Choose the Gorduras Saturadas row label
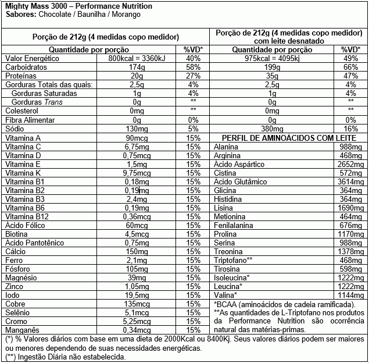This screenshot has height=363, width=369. tap(38, 94)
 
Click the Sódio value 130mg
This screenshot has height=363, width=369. tap(137, 129)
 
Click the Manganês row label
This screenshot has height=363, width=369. tap(21, 330)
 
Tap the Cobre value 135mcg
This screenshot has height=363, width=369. tap(137, 304)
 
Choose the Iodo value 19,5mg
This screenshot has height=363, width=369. tap(137, 295)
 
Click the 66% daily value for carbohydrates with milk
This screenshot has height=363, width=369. tap(350, 67)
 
